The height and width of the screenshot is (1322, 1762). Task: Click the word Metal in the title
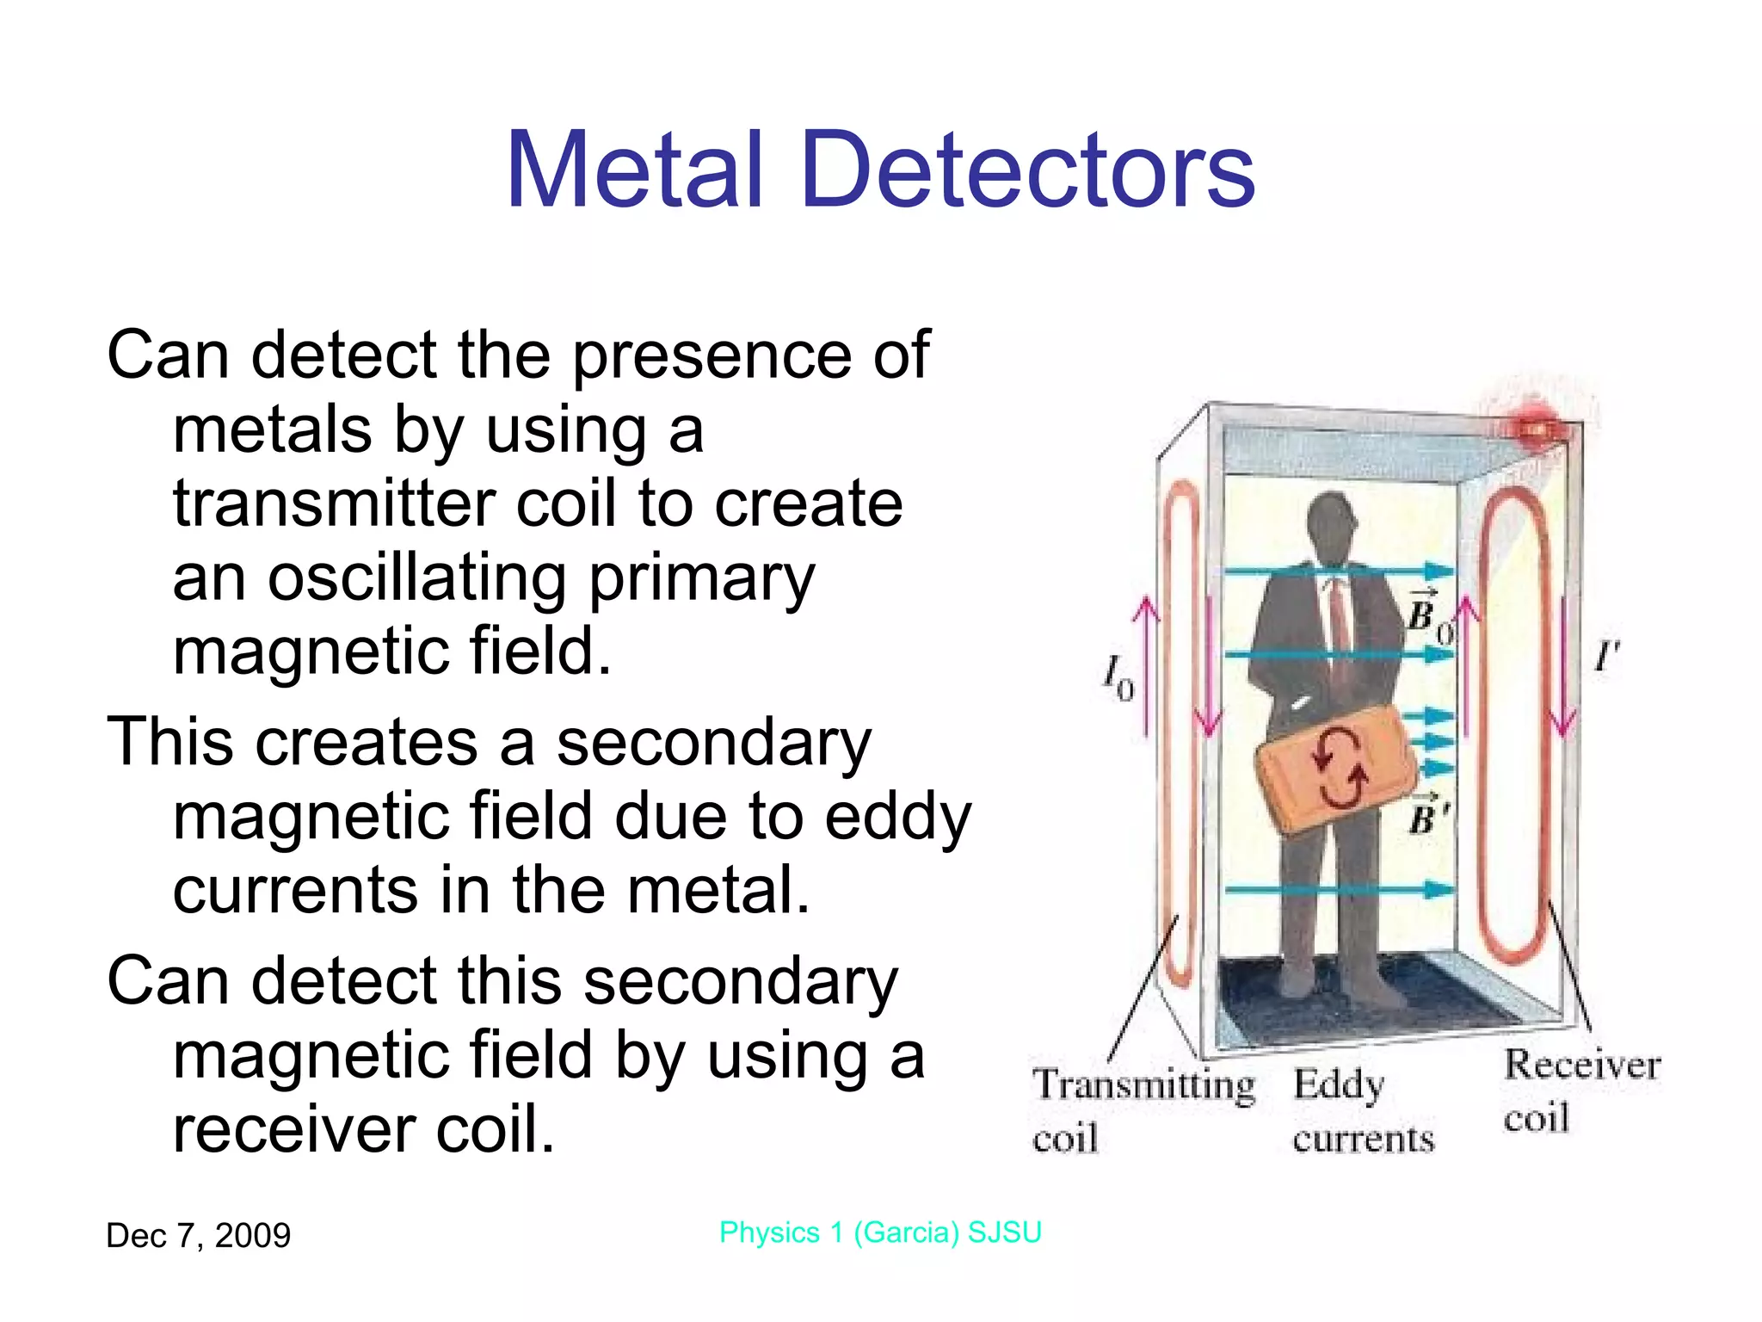pyautogui.click(x=635, y=170)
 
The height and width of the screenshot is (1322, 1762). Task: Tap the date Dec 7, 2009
pyautogui.click(x=198, y=1236)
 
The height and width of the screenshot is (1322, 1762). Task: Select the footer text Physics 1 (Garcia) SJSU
pyautogui.click(x=880, y=1232)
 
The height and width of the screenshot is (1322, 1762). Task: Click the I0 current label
pyautogui.click(x=1118, y=676)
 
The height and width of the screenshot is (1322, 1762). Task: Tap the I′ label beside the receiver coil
pyautogui.click(x=1605, y=658)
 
